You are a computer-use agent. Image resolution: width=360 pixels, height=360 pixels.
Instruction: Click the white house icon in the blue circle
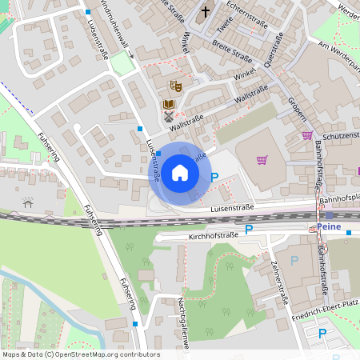click(180, 173)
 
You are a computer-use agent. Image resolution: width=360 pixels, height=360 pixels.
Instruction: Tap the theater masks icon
click(176, 85)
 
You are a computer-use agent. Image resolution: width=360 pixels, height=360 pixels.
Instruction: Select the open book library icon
click(168, 105)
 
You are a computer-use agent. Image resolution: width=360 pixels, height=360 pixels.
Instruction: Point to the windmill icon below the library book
click(168, 118)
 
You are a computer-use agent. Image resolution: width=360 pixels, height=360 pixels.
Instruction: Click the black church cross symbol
click(206, 12)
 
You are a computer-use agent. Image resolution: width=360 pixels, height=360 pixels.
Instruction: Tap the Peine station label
click(329, 226)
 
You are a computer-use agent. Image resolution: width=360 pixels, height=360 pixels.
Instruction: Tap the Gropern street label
click(298, 105)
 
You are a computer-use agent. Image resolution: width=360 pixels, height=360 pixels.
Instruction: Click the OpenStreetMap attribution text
click(81, 354)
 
